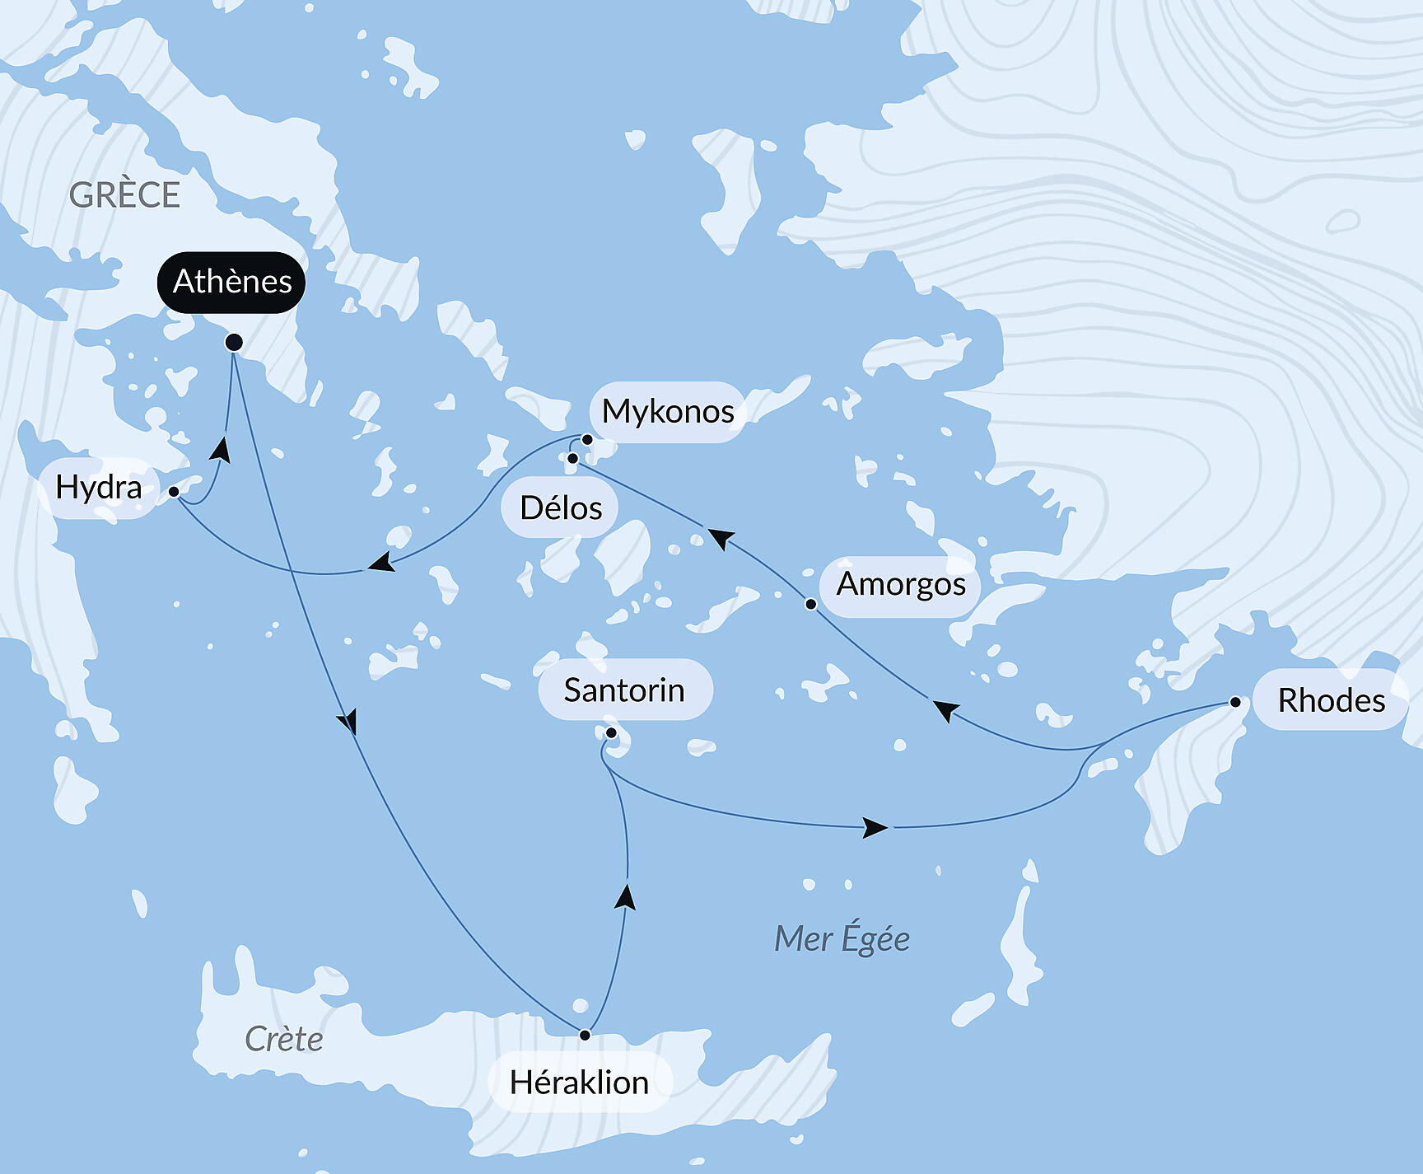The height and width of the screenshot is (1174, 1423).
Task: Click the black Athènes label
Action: coord(231,282)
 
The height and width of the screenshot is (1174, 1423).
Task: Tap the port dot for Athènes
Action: coord(234,342)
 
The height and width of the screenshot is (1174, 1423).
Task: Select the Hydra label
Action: coord(99,487)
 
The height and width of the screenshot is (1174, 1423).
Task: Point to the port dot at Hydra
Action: coord(174,492)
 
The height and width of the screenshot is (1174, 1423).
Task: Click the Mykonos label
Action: coord(668,411)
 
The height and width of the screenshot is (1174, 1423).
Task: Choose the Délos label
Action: coord(561,507)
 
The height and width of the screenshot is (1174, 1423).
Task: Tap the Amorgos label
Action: coord(901,584)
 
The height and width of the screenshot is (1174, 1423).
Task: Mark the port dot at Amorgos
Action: coord(810,604)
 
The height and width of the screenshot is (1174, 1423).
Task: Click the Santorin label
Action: coord(624,690)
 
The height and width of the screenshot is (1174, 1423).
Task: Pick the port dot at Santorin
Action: coord(611,732)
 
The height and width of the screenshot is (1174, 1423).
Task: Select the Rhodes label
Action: coord(1331,700)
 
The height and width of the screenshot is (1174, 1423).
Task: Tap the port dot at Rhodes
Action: coord(1235,702)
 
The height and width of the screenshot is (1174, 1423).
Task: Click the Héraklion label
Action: coord(579,1082)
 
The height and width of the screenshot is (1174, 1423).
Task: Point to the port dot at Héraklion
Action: coord(585,1035)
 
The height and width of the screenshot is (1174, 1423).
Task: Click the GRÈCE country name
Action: coord(124,195)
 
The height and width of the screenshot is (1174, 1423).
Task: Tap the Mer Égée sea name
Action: coord(842,938)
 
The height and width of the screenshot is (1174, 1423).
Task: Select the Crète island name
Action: coord(283,1039)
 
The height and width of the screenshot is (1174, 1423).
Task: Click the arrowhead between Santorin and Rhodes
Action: coord(875,827)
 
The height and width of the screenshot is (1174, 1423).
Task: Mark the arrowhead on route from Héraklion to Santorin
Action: coord(626,896)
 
